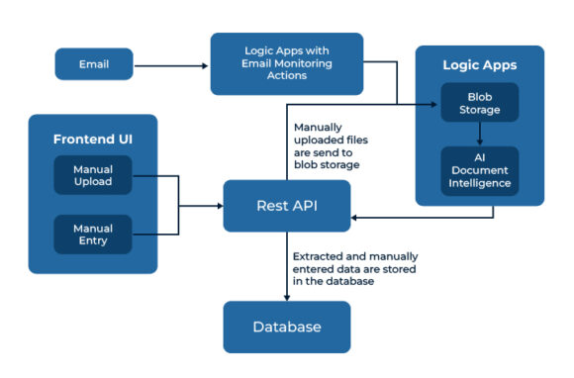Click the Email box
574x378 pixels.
(93, 66)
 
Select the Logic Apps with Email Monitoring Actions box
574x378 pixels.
(286, 63)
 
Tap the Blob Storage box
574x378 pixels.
(479, 104)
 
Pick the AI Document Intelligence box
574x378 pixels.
(479, 170)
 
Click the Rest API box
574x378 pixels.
(286, 206)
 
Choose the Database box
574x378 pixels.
(286, 326)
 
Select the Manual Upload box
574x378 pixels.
(92, 176)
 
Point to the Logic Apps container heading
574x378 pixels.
(479, 65)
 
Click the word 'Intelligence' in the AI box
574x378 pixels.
(479, 183)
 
